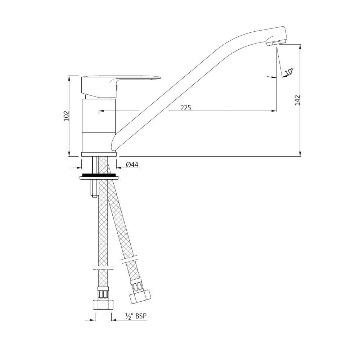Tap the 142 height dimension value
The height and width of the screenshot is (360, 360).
click(x=297, y=100)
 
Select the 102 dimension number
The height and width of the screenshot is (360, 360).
click(x=66, y=116)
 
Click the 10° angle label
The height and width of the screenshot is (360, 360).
click(x=289, y=72)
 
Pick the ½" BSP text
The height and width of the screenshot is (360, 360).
click(x=136, y=316)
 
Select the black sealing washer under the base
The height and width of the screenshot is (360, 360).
click(x=99, y=175)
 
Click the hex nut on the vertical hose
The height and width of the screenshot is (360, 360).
click(x=103, y=303)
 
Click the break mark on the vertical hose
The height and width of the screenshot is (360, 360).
click(x=103, y=268)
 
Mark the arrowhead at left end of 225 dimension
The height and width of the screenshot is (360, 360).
click(x=100, y=111)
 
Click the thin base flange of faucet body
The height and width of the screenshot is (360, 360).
click(x=99, y=154)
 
